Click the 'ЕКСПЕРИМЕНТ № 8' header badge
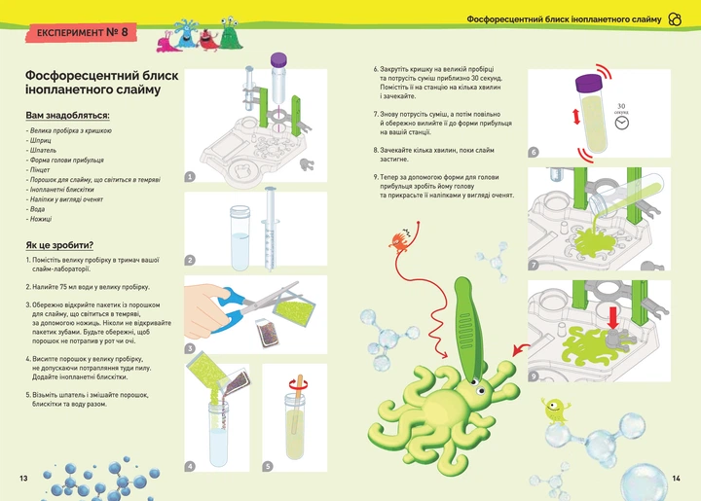point(82,33)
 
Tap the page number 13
point(22,478)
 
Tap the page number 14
point(678,478)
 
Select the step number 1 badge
point(190,177)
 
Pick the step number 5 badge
point(268,466)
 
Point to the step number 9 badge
point(534,376)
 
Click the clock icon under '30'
point(621,124)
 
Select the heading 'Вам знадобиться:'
point(67,116)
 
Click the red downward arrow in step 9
point(613,320)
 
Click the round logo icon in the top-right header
point(676,19)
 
